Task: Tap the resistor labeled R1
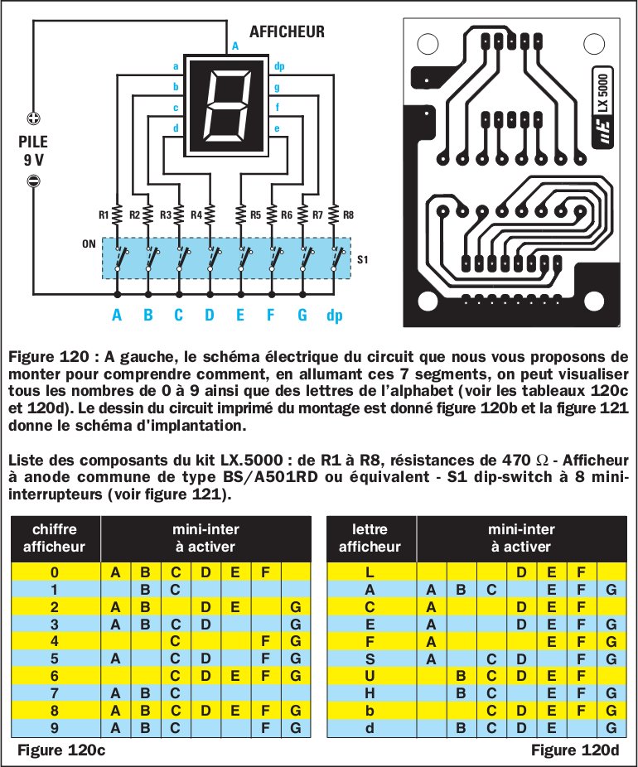pyautogui.click(x=117, y=215)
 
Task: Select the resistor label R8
pyautogui.click(x=348, y=215)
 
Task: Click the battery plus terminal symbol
pyautogui.click(x=34, y=118)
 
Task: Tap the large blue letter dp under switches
pyautogui.click(x=335, y=316)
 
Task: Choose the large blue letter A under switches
pyautogui.click(x=117, y=316)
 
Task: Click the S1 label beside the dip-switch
pyautogui.click(x=362, y=259)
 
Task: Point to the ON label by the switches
pyautogui.click(x=89, y=245)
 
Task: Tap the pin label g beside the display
pyautogui.click(x=276, y=86)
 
